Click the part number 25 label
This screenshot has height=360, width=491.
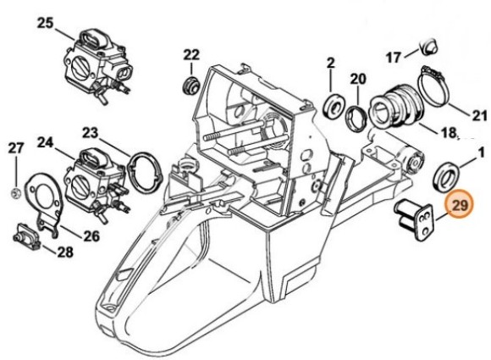[x=45, y=21]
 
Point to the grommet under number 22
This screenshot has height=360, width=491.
[x=191, y=85]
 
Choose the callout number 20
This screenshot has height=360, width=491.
[x=358, y=79]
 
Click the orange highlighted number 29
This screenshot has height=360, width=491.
[x=461, y=206]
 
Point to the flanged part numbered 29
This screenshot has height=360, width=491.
[x=416, y=217]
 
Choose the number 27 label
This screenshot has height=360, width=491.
[x=16, y=148]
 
